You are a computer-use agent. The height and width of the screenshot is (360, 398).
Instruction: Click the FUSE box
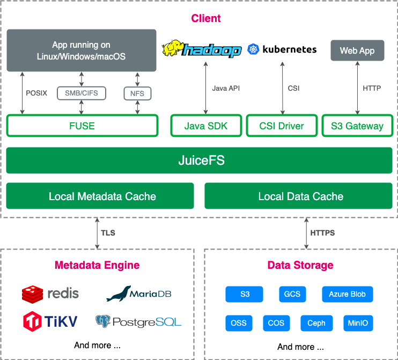(x=82, y=126)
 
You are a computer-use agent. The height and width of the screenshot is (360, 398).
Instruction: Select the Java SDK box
(x=205, y=126)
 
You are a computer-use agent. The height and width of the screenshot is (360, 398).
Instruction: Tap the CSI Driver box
(x=282, y=126)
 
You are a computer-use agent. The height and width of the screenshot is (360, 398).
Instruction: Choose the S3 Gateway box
(x=357, y=126)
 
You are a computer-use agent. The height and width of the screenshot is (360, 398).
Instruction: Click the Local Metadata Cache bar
(x=100, y=196)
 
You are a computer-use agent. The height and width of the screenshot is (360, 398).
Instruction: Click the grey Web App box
(x=357, y=51)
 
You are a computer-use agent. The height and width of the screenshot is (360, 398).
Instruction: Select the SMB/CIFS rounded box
(x=82, y=93)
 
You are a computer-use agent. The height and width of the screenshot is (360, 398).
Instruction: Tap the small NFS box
(x=137, y=93)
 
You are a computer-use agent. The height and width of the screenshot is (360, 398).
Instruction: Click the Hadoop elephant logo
(x=202, y=49)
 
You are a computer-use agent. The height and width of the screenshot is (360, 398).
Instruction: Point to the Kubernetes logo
(x=282, y=49)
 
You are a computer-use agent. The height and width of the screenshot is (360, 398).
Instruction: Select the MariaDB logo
(x=138, y=293)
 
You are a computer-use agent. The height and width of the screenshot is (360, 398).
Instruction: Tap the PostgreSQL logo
(x=138, y=321)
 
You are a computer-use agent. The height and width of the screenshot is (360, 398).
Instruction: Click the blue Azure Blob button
(x=347, y=294)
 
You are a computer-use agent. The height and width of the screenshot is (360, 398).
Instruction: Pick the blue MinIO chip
(x=358, y=323)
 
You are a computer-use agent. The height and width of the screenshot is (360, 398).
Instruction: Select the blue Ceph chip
(x=316, y=323)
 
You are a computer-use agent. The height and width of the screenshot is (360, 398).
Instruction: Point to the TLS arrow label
(x=108, y=233)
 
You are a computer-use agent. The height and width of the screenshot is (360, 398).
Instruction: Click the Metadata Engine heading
(x=97, y=265)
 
